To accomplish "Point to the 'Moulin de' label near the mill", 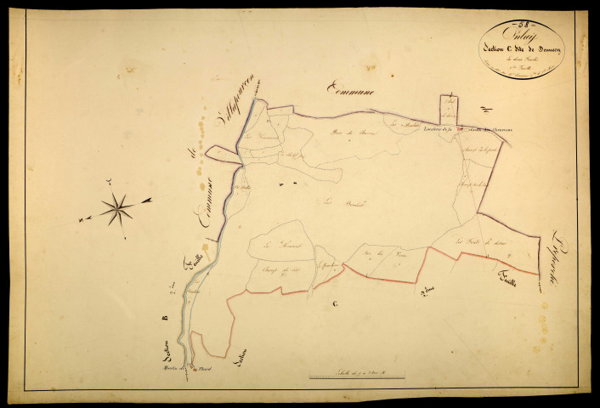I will tap(179, 368).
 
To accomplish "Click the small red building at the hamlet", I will tap(194, 369).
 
